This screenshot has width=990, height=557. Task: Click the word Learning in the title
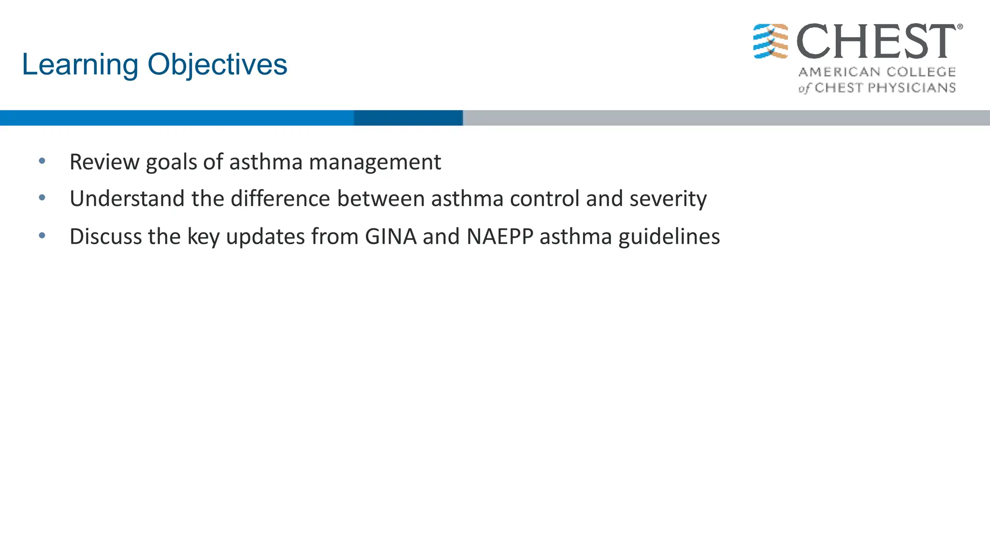pyautogui.click(x=80, y=65)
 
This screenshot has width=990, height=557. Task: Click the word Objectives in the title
pyautogui.click(x=217, y=65)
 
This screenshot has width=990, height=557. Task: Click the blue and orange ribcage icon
pyautogui.click(x=771, y=42)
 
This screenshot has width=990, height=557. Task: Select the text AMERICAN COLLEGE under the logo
pyautogui.click(x=877, y=72)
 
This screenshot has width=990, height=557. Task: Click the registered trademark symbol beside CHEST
pyautogui.click(x=960, y=27)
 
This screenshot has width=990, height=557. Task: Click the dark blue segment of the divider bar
pyautogui.click(x=408, y=118)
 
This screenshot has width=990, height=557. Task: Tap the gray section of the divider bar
pyautogui.click(x=725, y=118)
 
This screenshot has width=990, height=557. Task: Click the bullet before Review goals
pyautogui.click(x=42, y=161)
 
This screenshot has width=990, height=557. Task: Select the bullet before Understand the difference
pyautogui.click(x=42, y=198)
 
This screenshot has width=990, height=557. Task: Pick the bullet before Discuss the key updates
pyautogui.click(x=42, y=235)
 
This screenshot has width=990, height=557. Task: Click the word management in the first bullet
pyautogui.click(x=375, y=162)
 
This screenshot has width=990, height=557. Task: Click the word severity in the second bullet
pyautogui.click(x=668, y=199)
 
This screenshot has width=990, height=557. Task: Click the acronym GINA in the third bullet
pyautogui.click(x=391, y=236)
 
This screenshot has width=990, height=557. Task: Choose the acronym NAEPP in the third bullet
pyautogui.click(x=500, y=236)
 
